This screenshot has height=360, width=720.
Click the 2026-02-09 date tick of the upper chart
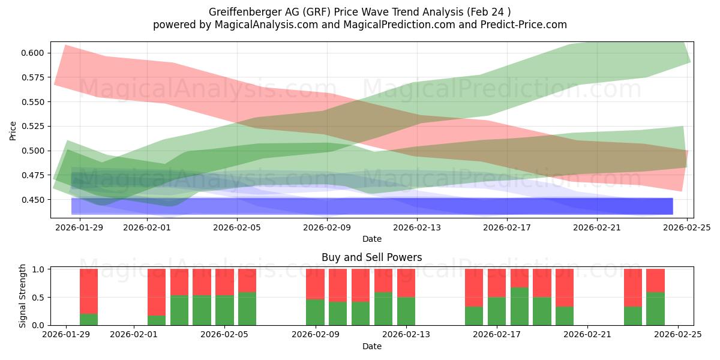tap(328, 227)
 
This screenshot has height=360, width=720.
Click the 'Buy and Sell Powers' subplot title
tap(371, 257)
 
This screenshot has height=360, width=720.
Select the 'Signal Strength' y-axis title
tap(23, 296)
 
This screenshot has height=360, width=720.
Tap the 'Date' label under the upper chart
tap(371, 239)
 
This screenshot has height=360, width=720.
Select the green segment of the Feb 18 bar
tap(520, 306)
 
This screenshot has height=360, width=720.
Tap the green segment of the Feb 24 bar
tap(655, 308)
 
